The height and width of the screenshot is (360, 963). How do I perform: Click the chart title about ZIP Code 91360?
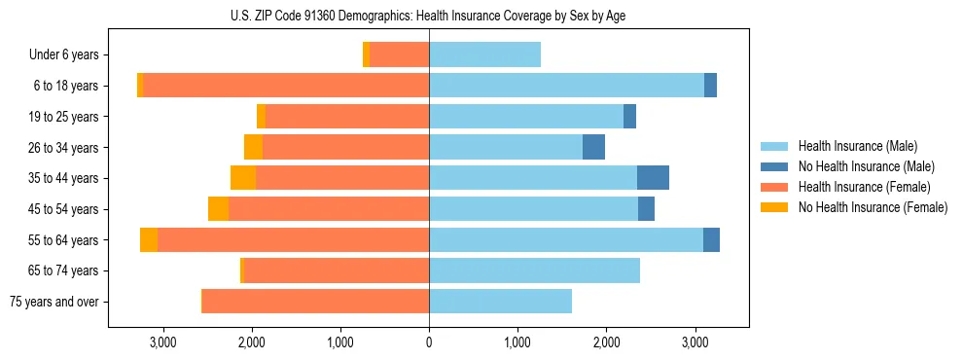[428, 16]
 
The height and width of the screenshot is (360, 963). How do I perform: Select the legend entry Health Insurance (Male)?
[856, 146]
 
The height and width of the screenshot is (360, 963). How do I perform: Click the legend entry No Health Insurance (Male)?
[866, 166]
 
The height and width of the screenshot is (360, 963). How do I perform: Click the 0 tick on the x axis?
[429, 343]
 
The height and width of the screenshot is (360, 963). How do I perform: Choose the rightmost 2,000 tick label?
[606, 343]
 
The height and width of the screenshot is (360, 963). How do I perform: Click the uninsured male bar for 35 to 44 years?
[653, 178]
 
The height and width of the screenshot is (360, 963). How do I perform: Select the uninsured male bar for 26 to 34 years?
[593, 147]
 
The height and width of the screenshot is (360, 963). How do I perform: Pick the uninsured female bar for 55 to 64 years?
[149, 239]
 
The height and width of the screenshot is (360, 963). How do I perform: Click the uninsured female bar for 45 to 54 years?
[218, 209]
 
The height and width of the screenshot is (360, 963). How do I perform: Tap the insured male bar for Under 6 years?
[484, 55]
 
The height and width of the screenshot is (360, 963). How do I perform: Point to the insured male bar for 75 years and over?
[500, 302]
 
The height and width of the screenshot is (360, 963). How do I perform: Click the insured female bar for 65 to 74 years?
[337, 270]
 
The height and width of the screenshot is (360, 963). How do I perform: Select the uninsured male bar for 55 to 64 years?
[711, 239]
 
